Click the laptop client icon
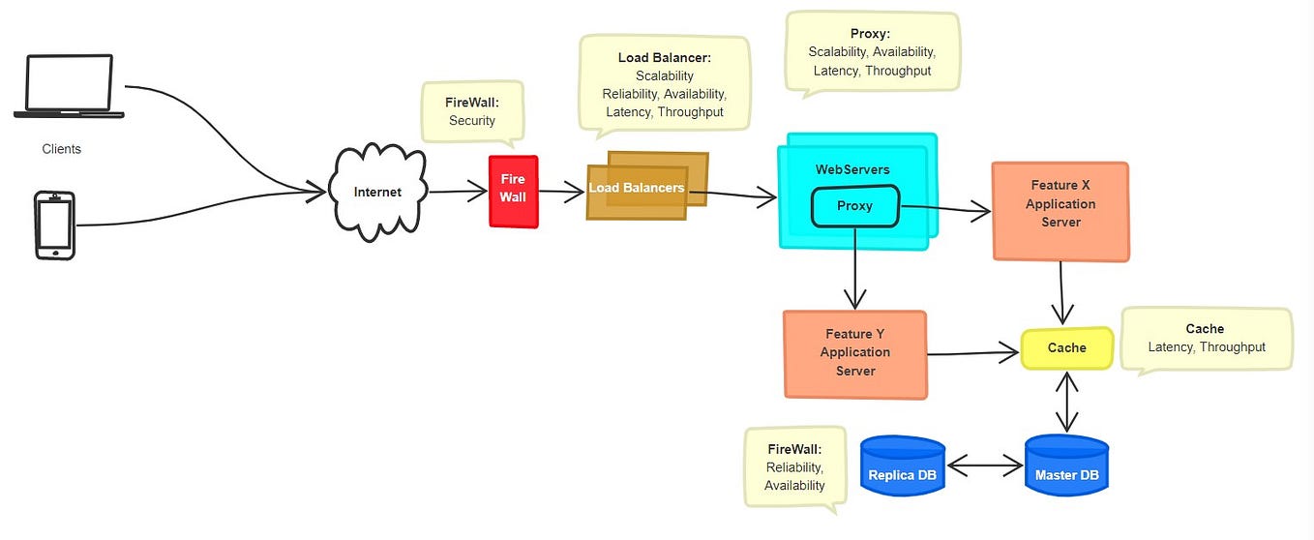coord(68,86)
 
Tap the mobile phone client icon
coord(54,225)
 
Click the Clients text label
coord(62,149)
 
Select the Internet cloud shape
coord(377,192)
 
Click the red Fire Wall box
coord(513,191)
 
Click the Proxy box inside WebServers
coord(854,206)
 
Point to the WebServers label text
coord(852,169)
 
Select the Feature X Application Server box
coord(1060,211)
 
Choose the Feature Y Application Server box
coord(855,353)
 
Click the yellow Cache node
coord(1067,347)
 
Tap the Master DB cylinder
coord(1066,466)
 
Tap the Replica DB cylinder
coord(902,466)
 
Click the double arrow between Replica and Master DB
coord(984,467)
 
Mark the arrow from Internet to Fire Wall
coord(458,193)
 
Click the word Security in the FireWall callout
coord(472,121)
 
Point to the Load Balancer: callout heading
coord(664,58)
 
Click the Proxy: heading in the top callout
coord(870,33)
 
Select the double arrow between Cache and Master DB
coord(1067,402)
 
